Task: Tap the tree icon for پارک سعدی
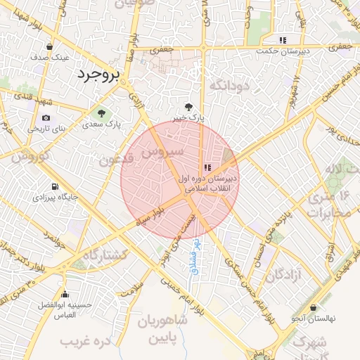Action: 101,113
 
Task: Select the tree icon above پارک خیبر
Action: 187,106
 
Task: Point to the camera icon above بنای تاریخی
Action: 46,118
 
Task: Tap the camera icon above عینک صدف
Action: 48,46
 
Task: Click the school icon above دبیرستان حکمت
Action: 283,40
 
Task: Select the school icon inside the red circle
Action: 206,167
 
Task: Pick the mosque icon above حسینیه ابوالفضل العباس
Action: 65,295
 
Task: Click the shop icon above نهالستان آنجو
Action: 314,307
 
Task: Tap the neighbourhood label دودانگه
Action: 229,86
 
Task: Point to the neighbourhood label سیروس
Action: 162,151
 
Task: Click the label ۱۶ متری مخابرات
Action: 329,205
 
